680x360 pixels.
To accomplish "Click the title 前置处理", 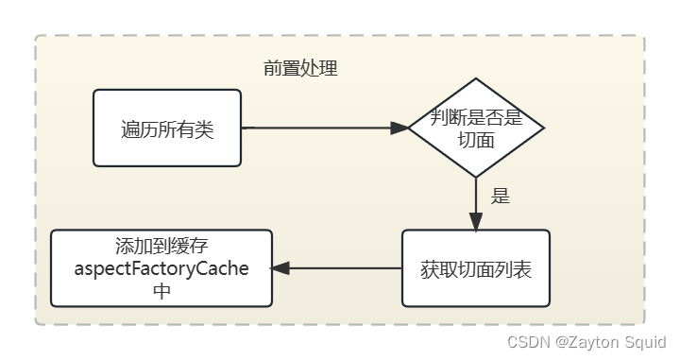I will click(x=300, y=69).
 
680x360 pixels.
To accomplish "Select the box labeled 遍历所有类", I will click(x=167, y=128).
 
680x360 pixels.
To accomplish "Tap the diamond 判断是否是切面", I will click(x=476, y=128).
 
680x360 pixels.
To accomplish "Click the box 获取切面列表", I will click(x=476, y=268).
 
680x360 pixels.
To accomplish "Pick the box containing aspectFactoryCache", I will click(x=161, y=268).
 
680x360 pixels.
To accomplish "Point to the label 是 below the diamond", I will click(x=501, y=197).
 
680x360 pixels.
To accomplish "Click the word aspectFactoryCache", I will click(x=161, y=269).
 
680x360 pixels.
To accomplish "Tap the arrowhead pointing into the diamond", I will click(x=399, y=128).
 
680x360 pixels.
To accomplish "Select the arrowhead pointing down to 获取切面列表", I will click(x=476, y=222).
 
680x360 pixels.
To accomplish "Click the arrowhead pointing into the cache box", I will click(x=280, y=268).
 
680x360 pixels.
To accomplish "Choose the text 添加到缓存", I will click(x=161, y=248).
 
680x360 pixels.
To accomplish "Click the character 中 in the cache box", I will click(x=161, y=291).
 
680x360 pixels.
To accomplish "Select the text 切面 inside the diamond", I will click(x=476, y=140).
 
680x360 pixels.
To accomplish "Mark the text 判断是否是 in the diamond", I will click(x=476, y=118).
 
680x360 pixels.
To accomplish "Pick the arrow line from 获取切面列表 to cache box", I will click(x=345, y=268).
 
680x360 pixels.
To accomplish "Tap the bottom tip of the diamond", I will click(x=476, y=177).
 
